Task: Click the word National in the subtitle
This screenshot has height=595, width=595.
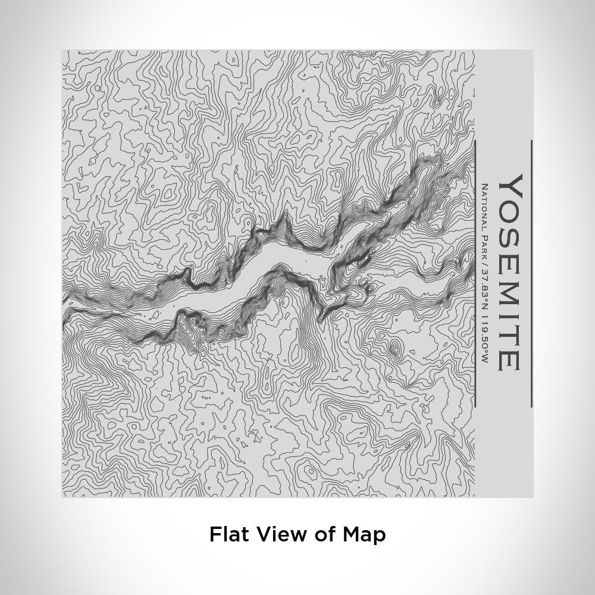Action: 484,205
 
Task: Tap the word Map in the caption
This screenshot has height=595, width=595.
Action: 364,534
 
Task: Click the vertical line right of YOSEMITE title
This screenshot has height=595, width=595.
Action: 531,274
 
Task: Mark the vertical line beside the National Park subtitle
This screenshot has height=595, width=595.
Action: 475,274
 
